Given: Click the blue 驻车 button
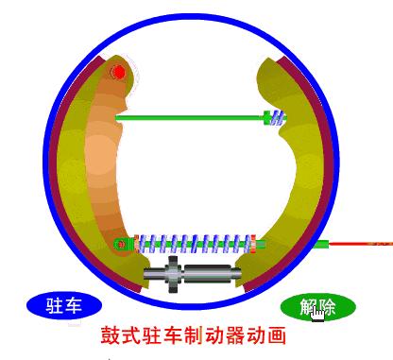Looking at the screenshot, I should pyautogui.click(x=63, y=304).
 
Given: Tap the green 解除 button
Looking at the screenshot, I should pyautogui.click(x=318, y=305).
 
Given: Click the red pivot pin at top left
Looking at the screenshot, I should pyautogui.click(x=119, y=72).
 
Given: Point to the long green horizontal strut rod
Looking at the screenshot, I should pyautogui.click(x=189, y=117).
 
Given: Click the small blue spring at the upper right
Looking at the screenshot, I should pyautogui.click(x=276, y=117).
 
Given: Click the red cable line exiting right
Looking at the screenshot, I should pyautogui.click(x=363, y=244).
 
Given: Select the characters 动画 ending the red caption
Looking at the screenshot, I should pyautogui.click(x=267, y=334).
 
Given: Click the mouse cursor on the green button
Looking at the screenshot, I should pyautogui.click(x=318, y=313).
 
